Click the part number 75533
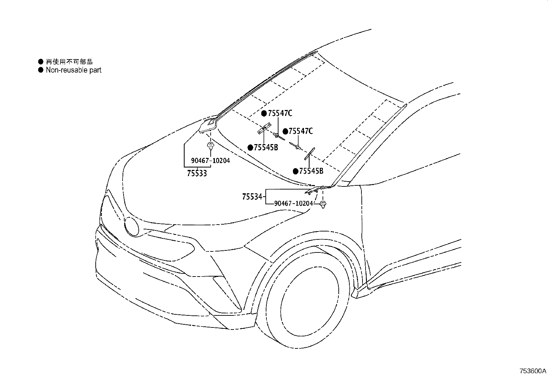pos(197,173)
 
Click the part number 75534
pos(252,196)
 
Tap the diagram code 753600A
pos(533,371)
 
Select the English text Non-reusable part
pos(74,70)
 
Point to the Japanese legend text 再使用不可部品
pos(69,62)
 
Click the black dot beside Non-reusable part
pos(41,70)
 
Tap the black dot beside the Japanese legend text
pos(41,61)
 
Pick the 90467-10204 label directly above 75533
pos(210,161)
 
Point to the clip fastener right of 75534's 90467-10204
pos(323,204)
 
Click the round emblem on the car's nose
pos(131,227)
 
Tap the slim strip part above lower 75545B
pos(309,154)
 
